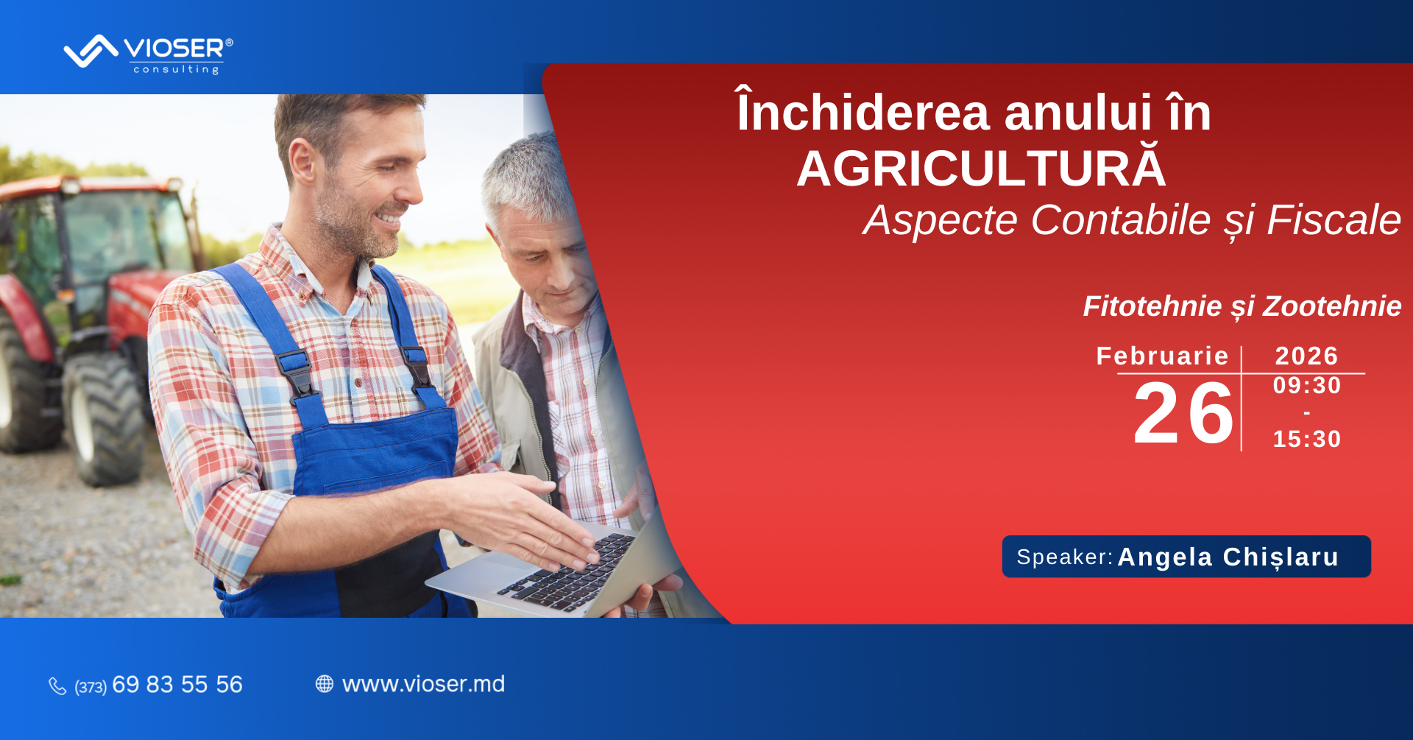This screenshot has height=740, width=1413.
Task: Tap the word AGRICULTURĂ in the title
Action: tap(981, 168)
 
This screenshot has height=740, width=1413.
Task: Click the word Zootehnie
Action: tap(1332, 306)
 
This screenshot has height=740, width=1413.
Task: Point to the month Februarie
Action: tap(1162, 356)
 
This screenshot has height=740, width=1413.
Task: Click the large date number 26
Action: tap(1183, 414)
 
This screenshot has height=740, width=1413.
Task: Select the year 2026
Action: tap(1306, 356)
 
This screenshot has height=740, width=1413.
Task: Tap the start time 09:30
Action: tap(1307, 385)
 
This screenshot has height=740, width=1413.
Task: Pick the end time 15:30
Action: tap(1307, 439)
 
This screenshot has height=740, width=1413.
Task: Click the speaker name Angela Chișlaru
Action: tap(1228, 557)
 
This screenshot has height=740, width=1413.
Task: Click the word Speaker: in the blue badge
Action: tap(1065, 557)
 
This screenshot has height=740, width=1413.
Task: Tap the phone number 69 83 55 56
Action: tap(177, 685)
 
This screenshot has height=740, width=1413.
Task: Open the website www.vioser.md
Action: tap(423, 684)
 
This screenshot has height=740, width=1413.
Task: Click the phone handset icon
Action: tap(57, 686)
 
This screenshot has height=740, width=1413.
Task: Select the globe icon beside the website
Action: tap(325, 684)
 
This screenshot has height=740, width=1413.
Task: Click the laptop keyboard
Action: tap(567, 573)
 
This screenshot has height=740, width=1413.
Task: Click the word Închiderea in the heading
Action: tap(863, 112)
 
